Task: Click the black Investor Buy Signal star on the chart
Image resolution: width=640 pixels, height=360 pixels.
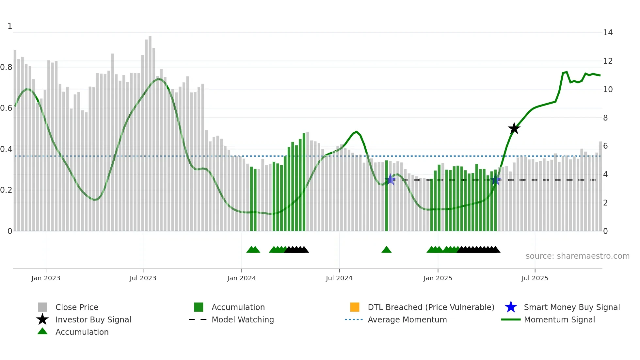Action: coord(514,128)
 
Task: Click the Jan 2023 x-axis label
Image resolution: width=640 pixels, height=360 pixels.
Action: coord(46,278)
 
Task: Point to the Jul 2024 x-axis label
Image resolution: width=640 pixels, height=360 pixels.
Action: coord(339,278)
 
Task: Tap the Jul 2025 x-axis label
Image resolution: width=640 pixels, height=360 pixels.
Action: coord(535,278)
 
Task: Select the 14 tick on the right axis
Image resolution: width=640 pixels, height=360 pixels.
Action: coord(608,33)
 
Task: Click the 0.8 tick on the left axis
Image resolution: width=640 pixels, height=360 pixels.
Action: coord(7,67)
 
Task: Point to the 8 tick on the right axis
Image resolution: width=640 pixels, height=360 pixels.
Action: coord(605,118)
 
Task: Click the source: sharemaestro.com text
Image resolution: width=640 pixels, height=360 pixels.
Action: coord(577,256)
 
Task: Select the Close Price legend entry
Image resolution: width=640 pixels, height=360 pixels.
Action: coord(77,307)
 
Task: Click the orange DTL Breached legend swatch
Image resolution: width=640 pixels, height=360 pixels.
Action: coord(355,307)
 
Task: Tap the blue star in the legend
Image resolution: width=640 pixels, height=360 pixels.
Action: coord(511,307)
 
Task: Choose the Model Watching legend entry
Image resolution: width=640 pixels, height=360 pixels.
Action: coord(242,319)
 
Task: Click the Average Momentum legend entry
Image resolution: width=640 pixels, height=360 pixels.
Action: coord(407,319)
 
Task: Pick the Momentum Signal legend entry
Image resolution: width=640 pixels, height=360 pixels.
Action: coord(559,319)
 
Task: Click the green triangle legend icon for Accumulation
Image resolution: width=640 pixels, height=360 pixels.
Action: coord(42,332)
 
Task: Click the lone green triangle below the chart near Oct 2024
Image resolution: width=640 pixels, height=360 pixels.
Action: coord(386,250)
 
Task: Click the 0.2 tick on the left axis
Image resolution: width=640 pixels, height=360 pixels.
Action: coord(7,190)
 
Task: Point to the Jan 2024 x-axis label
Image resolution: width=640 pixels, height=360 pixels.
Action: coord(241,278)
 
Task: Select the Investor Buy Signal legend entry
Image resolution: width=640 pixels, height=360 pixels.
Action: coord(93,319)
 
